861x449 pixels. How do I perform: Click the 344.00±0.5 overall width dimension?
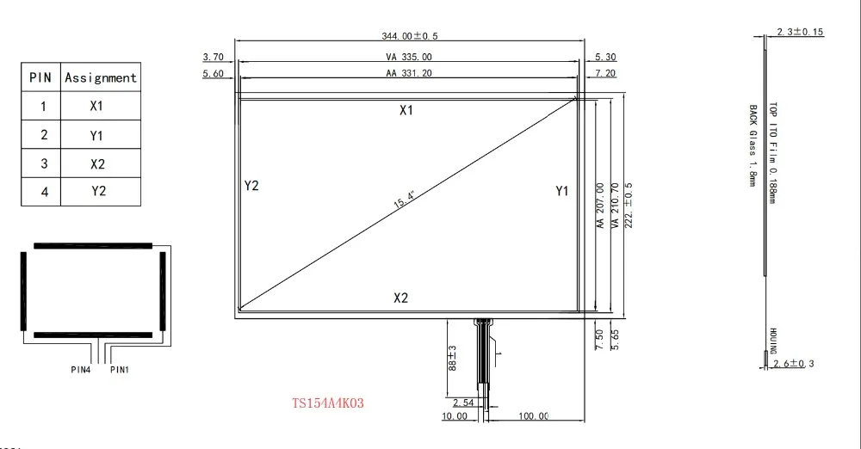point(410,35)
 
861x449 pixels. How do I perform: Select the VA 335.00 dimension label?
point(408,57)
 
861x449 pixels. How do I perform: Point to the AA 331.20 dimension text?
point(408,72)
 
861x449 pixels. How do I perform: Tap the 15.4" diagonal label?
point(404,200)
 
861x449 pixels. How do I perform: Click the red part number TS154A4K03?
point(328,403)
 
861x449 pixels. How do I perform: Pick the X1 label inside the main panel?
point(406,110)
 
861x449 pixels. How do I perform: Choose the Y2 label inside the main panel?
point(251,186)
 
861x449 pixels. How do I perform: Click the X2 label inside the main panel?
point(401,298)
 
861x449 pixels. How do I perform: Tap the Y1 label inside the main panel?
point(561,191)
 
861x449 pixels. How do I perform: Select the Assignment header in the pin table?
point(101,77)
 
